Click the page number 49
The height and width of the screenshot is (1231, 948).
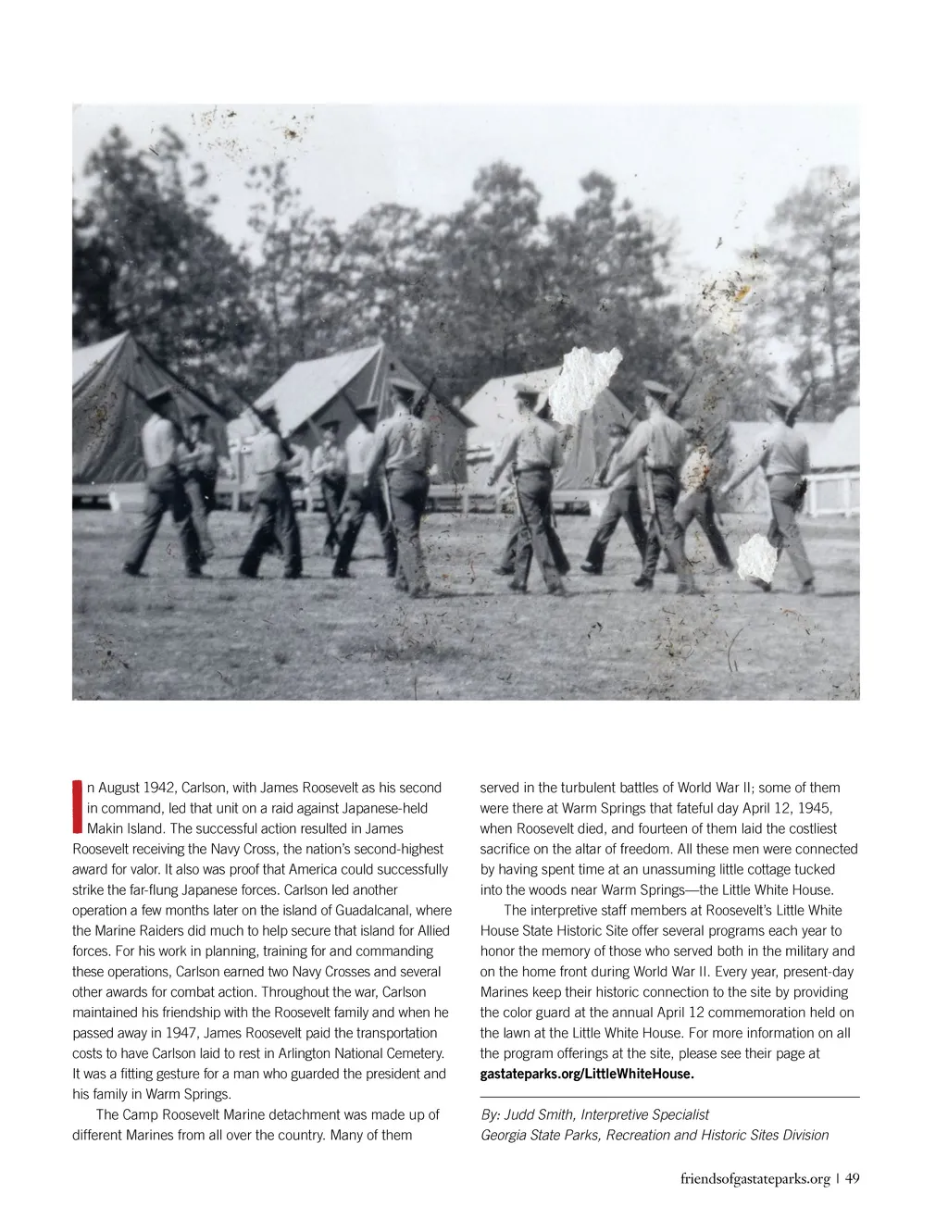click(x=853, y=1179)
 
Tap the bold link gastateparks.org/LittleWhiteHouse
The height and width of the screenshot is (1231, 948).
click(x=587, y=1074)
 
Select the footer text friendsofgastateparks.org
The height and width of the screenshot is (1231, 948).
click(x=755, y=1179)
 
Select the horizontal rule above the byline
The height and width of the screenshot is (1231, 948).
click(x=670, y=1097)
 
